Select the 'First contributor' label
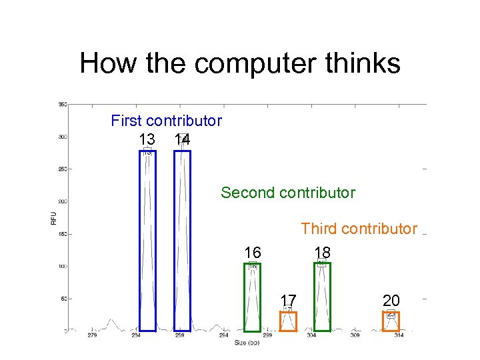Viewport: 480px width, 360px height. click(x=166, y=121)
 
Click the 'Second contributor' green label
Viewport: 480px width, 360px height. click(x=288, y=193)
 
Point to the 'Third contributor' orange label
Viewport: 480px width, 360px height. click(x=359, y=229)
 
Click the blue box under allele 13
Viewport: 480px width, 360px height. click(x=147, y=240)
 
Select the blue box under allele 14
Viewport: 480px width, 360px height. click(x=182, y=240)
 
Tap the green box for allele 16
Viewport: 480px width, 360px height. click(x=252, y=297)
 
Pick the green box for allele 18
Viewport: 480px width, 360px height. click(x=322, y=297)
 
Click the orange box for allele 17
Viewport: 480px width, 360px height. click(x=288, y=321)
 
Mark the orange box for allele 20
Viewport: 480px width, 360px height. click(x=391, y=321)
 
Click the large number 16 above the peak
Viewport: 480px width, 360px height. click(x=253, y=253)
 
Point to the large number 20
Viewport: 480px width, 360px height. click(x=391, y=300)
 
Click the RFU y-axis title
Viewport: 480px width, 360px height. click(x=53, y=217)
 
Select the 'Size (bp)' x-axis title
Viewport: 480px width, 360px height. click(x=247, y=343)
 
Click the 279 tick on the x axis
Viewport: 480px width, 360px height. click(x=92, y=335)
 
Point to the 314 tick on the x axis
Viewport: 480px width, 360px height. click(x=399, y=335)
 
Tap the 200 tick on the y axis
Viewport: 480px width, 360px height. click(x=62, y=201)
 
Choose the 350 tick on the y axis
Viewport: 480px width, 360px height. click(x=62, y=105)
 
